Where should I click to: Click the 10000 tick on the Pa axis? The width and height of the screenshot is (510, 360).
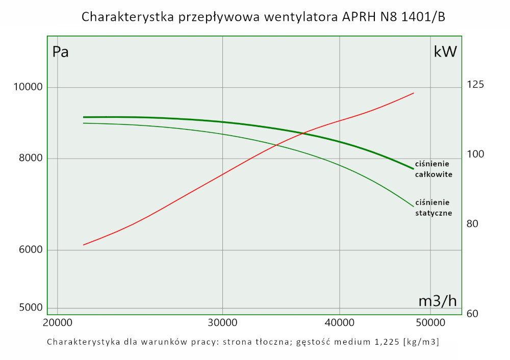(x=27, y=87)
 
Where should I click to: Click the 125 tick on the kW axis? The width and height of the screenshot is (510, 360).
(x=475, y=85)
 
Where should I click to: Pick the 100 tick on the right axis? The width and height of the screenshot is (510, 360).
(x=475, y=155)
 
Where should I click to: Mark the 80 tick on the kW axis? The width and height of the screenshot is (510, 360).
(x=473, y=224)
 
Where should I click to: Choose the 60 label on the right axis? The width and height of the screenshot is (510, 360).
(x=473, y=314)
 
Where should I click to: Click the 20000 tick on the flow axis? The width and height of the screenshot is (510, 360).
(x=57, y=323)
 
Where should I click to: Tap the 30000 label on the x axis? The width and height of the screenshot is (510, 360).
(x=222, y=323)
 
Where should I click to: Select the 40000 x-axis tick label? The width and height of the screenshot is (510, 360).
(x=340, y=323)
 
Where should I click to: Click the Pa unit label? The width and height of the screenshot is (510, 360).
(x=60, y=52)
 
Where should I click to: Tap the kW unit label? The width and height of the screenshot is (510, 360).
(x=445, y=52)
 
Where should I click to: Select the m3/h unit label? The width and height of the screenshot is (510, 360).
(x=437, y=301)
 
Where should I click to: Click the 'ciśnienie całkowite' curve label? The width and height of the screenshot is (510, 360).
(x=433, y=169)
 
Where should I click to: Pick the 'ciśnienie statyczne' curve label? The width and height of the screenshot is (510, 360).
(x=433, y=208)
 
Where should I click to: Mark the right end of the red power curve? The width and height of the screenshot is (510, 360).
(x=414, y=93)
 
